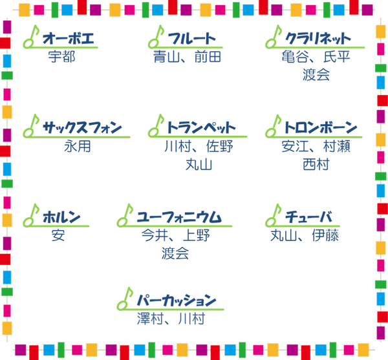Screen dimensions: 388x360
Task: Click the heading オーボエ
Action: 69,38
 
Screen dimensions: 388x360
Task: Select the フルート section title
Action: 192,39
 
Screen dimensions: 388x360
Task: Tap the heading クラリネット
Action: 318,39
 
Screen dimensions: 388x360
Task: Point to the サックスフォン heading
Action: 82,127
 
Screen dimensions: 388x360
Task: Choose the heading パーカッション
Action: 177,300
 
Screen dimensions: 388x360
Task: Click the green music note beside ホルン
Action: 31,215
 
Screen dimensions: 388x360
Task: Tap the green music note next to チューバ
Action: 274,215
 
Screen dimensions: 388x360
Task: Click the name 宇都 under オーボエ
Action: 62,57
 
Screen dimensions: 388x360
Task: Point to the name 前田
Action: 208,57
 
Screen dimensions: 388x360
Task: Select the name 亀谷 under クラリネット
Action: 296,57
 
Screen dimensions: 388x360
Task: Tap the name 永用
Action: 78,146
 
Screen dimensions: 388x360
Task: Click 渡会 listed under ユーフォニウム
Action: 175,253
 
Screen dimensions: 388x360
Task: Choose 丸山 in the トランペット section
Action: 199,164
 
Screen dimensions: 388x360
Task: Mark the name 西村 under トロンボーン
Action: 316,164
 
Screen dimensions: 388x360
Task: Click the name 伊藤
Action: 325,235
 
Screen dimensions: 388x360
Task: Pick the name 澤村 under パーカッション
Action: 151,319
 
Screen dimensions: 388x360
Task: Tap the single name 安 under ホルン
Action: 58,235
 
